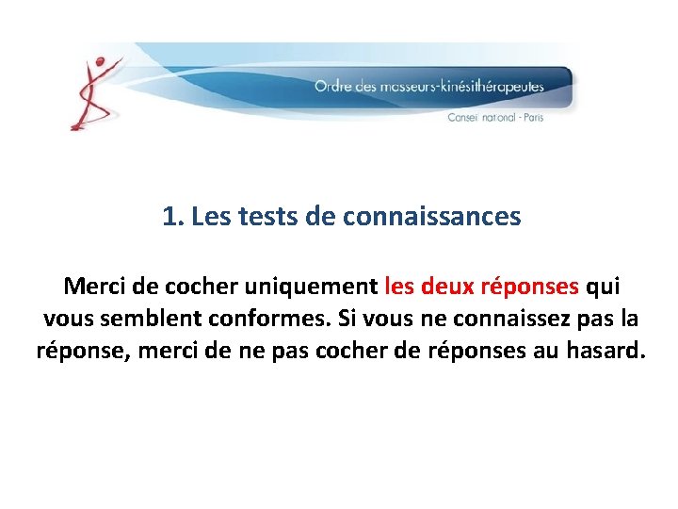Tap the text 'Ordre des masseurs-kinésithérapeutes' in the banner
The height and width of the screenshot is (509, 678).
[x=428, y=87]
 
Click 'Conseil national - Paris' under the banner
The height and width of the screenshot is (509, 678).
[x=495, y=118]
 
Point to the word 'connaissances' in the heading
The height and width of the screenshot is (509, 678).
[x=431, y=217]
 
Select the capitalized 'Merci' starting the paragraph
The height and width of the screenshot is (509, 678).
[x=92, y=285]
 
